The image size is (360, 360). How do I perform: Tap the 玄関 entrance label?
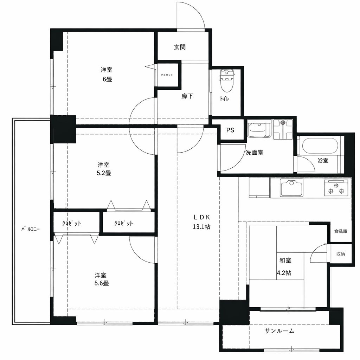pos(180,47)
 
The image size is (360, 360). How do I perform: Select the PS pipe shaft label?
pos(230,130)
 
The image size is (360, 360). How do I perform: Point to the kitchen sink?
pos(291,188)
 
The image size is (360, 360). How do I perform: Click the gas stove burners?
pos(336,188)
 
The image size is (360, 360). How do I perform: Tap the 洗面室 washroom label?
pos(254,153)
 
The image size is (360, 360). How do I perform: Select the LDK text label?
pos(201,217)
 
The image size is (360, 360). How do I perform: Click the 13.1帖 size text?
pos(201,227)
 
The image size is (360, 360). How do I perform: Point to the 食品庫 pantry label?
pos(340,231)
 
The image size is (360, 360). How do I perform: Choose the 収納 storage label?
pos(340,254)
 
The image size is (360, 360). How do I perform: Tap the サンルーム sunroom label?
pos(279,331)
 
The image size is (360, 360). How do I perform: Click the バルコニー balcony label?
pos(31,229)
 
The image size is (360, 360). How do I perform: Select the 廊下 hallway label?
pos(187,96)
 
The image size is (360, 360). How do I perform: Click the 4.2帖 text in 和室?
pos(284,273)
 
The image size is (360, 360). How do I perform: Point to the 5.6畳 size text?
pos(102,283)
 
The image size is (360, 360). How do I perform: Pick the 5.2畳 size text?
pos(104,173)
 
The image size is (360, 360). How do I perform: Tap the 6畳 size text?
pos(107,79)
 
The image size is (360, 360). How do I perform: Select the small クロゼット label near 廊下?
pos(167,75)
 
